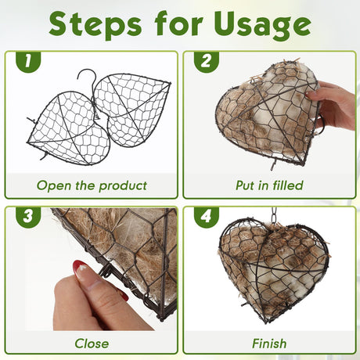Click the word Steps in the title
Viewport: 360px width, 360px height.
[95, 25]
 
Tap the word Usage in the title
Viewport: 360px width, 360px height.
[263, 25]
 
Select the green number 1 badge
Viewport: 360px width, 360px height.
[28, 62]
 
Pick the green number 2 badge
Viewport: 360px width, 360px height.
[207, 62]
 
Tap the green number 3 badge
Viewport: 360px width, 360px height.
[28, 217]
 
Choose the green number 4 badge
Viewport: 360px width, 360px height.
[207, 217]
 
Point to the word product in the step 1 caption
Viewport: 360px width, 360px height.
[123, 186]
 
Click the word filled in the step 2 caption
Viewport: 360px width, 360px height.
[288, 185]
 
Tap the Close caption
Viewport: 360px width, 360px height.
[92, 344]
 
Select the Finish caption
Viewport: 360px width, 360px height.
[269, 344]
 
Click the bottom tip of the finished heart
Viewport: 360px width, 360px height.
[265, 322]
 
